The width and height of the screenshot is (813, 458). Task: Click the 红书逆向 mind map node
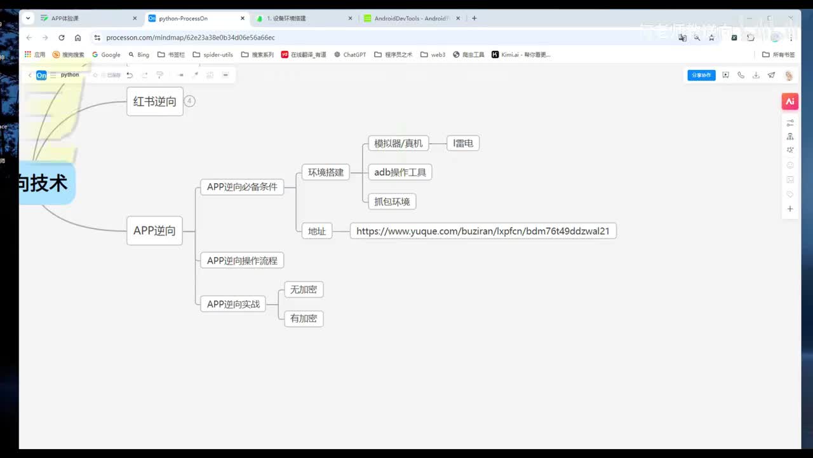point(154,102)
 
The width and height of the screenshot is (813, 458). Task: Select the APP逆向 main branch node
point(154,231)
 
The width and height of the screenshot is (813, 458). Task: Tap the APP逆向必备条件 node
point(242,187)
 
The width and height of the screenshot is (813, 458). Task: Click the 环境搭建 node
point(326,172)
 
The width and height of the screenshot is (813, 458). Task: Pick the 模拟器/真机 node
point(398,144)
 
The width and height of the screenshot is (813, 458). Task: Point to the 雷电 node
point(463,144)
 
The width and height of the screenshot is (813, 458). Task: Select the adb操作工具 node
point(400,172)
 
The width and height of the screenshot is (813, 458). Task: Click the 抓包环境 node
point(392,202)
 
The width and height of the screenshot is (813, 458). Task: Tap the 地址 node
point(317,231)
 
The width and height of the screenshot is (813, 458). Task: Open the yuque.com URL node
point(483,231)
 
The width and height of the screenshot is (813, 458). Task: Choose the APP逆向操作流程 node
point(242,260)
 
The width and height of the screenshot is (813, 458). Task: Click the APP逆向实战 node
point(233,304)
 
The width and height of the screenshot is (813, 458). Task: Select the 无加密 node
point(304,289)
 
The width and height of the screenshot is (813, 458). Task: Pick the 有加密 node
point(304,319)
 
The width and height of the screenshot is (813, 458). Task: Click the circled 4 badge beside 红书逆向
point(189,101)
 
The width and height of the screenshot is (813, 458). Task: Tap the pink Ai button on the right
point(790,101)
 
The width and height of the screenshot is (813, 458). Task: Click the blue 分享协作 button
point(701,75)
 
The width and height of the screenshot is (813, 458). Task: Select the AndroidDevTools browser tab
point(410,18)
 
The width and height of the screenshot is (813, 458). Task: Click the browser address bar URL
point(191,38)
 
